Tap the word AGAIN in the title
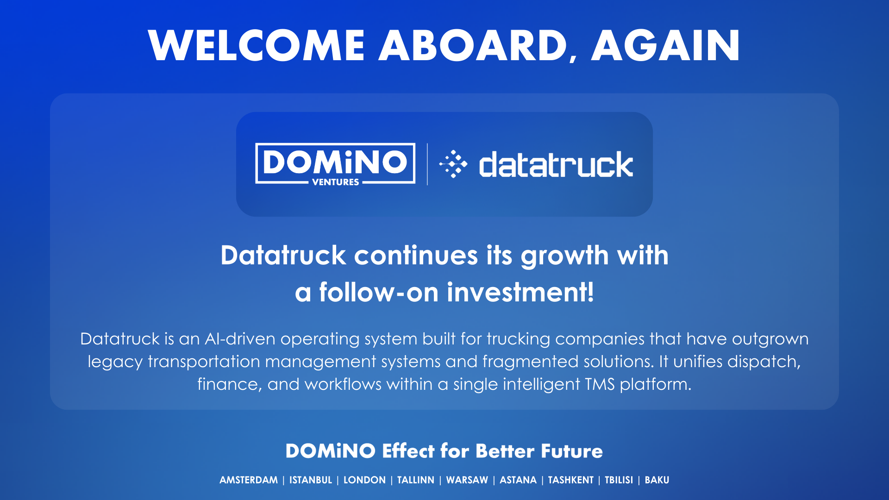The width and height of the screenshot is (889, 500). (x=665, y=45)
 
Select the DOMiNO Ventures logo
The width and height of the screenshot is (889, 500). (x=335, y=163)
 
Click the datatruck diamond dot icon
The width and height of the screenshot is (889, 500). (x=453, y=164)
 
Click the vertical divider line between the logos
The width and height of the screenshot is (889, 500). (x=427, y=164)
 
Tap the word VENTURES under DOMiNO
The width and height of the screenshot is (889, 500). (x=335, y=182)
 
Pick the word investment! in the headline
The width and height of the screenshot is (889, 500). (x=520, y=293)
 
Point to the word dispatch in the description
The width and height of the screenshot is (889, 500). (x=764, y=362)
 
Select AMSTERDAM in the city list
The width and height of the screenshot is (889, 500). (x=249, y=480)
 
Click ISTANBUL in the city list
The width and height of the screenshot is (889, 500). (x=311, y=480)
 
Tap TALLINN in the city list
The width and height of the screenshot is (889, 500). (x=415, y=480)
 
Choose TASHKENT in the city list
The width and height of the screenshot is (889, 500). (x=570, y=480)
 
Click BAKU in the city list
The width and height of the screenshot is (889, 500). (x=657, y=480)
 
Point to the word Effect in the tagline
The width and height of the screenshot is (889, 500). (x=408, y=451)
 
